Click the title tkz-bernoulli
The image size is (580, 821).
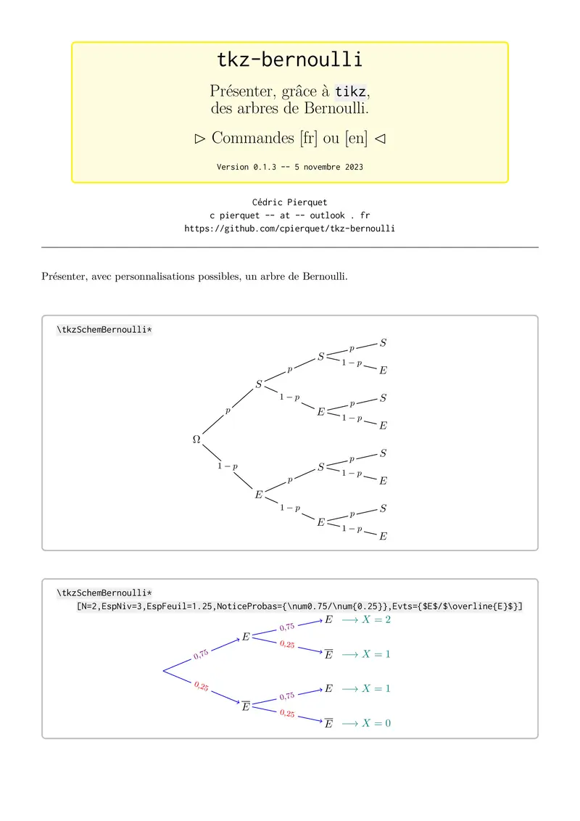tap(290, 59)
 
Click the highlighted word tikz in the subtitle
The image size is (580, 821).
tap(352, 91)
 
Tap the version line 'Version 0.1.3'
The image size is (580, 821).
tap(290, 167)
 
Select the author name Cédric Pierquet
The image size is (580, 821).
tap(290, 202)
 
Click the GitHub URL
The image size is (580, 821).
tap(290, 228)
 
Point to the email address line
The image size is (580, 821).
tap(290, 215)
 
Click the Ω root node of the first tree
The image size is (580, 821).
tap(196, 440)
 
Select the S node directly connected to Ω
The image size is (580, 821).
tap(258, 384)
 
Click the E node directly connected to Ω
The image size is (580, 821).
tap(258, 495)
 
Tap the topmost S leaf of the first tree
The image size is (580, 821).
tap(383, 343)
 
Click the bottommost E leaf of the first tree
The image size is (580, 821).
tap(383, 537)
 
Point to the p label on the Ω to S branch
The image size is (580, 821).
tap(228, 410)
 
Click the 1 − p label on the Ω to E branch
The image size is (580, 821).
tap(228, 466)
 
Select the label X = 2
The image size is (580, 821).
tap(376, 620)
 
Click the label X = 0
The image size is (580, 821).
tap(376, 723)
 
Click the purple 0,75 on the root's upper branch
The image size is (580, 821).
tap(201, 653)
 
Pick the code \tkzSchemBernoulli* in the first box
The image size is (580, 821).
tap(104, 330)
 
